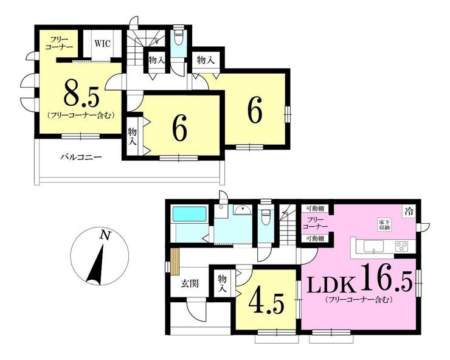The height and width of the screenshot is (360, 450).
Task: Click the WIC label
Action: point(102,44)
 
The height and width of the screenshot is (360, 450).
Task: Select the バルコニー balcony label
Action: point(81,157)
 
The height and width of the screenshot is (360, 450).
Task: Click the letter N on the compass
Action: point(105,235)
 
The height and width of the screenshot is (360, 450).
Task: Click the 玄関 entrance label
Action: point(190,283)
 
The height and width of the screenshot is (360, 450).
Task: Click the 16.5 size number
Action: point(384,278)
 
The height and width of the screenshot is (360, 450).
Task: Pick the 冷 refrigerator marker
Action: point(409,212)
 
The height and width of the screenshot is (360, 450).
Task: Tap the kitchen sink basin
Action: point(373,246)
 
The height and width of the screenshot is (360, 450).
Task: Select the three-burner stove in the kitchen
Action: point(402,246)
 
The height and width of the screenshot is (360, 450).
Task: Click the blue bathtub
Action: point(189,213)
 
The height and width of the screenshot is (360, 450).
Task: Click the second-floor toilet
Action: point(179,35)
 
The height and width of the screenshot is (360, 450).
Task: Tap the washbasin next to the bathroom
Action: point(242,211)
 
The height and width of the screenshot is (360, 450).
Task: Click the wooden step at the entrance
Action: point(175,261)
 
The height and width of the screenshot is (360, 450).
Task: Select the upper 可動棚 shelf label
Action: point(315,209)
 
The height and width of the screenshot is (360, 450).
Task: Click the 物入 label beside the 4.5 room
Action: point(223,283)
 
